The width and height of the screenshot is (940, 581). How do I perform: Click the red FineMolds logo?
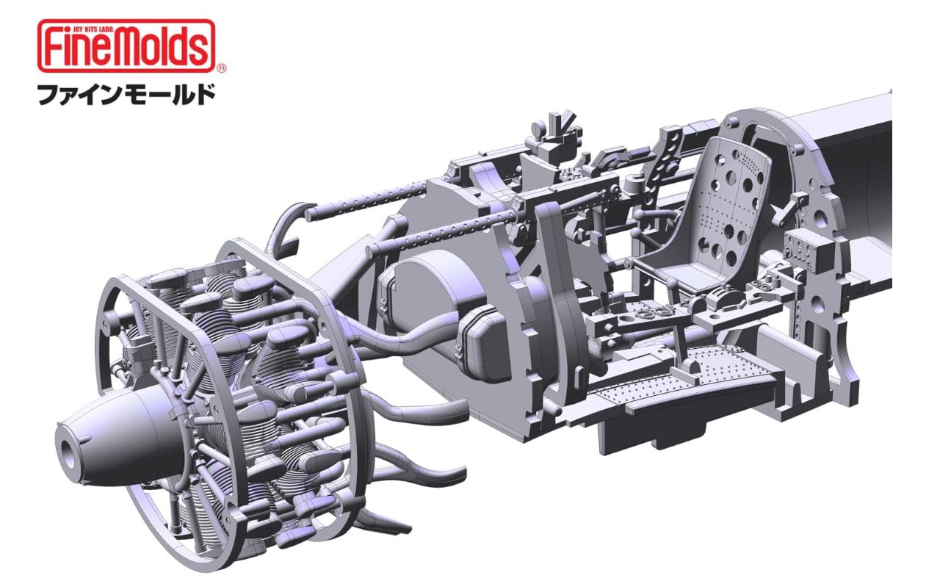[126, 46]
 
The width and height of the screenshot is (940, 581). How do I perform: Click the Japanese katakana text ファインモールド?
[126, 94]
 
